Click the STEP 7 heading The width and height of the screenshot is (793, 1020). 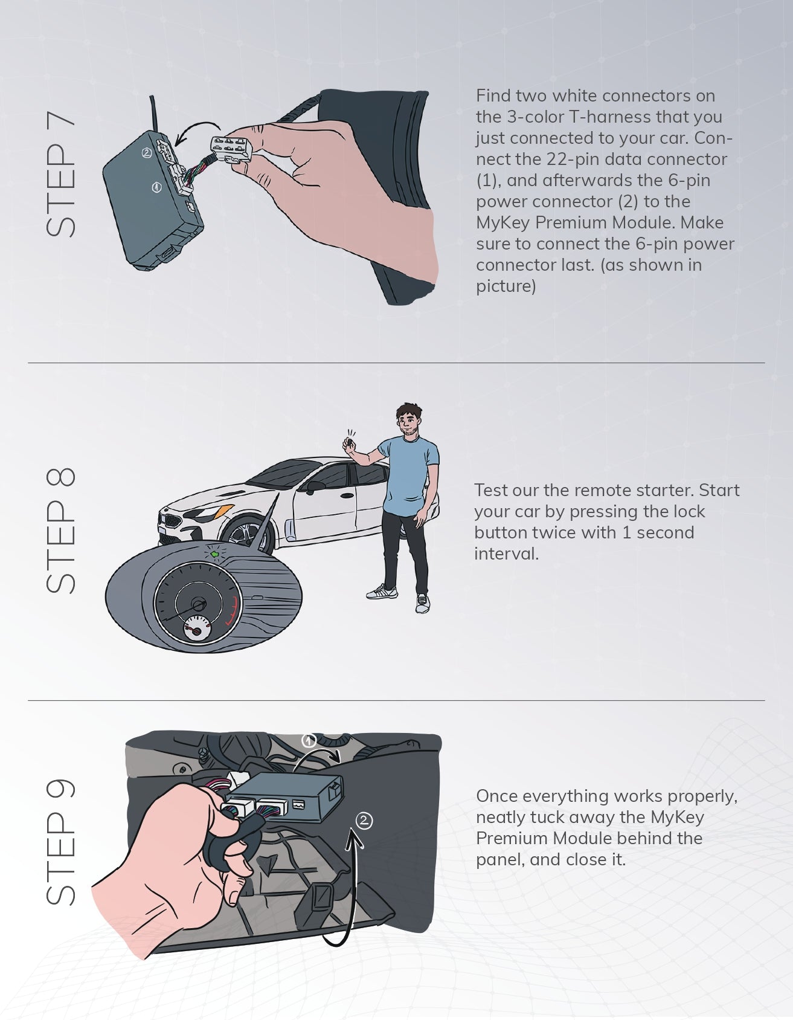pyautogui.click(x=61, y=175)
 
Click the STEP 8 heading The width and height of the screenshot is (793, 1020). pyautogui.click(x=61, y=530)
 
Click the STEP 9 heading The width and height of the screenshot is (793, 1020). pyautogui.click(x=61, y=842)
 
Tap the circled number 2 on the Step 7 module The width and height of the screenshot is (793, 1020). pyautogui.click(x=147, y=153)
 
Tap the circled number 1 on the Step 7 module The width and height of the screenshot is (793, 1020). pyautogui.click(x=156, y=188)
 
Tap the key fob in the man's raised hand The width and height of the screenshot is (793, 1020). pyautogui.click(x=348, y=444)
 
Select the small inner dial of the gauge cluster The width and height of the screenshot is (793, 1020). pyautogui.click(x=195, y=630)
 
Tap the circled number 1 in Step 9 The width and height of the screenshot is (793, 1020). pyautogui.click(x=309, y=741)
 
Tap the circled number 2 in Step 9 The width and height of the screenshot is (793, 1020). pyautogui.click(x=364, y=821)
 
